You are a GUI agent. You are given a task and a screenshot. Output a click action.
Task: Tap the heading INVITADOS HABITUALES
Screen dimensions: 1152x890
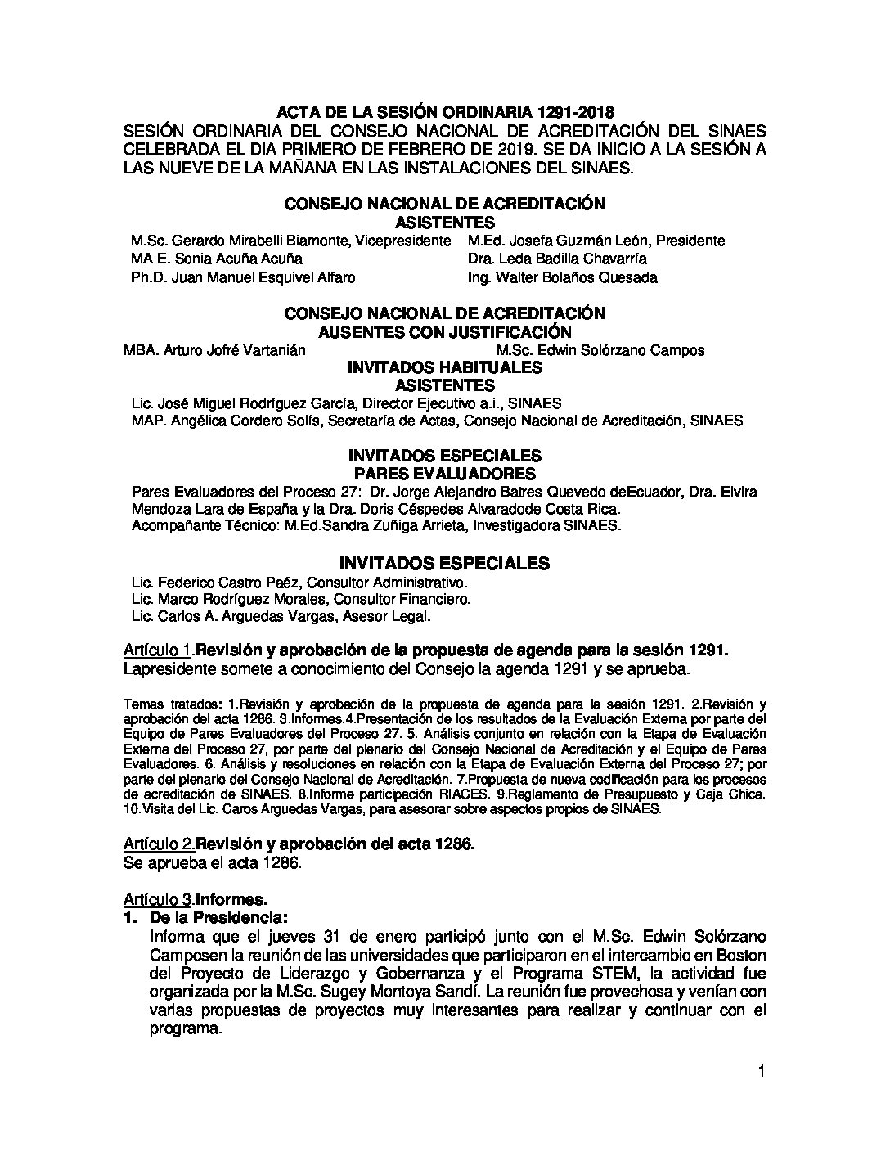pos(444,367)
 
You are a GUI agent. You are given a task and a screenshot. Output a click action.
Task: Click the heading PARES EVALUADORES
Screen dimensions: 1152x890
pos(444,475)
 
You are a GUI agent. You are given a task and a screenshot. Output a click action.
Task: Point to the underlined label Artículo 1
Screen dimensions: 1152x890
pos(159,650)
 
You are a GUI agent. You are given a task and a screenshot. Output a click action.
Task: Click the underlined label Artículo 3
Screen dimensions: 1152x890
pos(159,898)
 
